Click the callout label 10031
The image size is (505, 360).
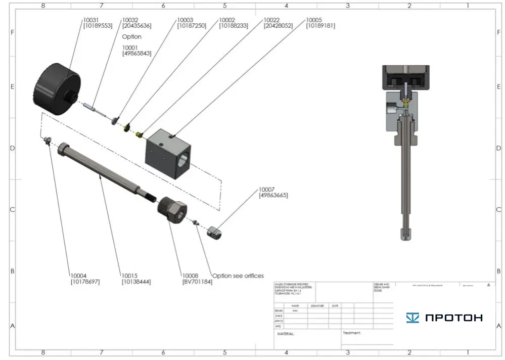(x=91, y=20)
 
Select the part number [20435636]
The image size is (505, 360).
(x=136, y=26)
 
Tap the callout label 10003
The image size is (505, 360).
(x=185, y=20)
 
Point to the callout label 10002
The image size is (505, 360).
(x=227, y=20)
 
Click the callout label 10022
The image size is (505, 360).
(x=272, y=20)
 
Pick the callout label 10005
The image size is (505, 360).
(x=314, y=20)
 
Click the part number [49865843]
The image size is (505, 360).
(x=136, y=54)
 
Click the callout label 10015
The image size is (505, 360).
(x=130, y=276)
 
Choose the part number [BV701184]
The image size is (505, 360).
(x=197, y=282)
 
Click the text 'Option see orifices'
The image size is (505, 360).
(x=238, y=276)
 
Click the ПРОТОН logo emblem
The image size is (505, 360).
(x=412, y=318)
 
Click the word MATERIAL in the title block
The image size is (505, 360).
(x=286, y=334)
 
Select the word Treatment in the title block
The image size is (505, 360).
(x=352, y=333)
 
